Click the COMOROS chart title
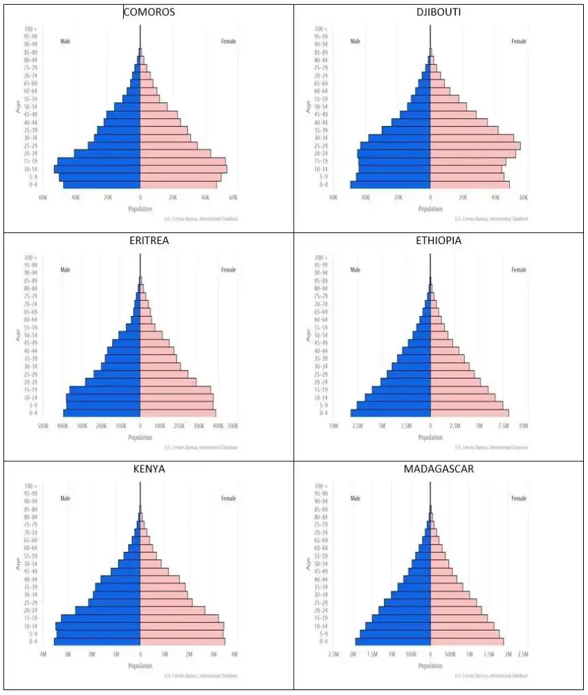coord(149,12)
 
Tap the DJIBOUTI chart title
coord(439,12)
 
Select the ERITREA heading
coord(149,241)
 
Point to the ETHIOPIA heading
coord(439,241)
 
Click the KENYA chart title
coord(149,470)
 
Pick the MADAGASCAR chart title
coord(439,470)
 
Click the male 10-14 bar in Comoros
coord(98,169)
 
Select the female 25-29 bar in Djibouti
coord(475,146)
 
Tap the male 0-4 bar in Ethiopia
coord(391,413)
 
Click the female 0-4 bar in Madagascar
coord(467,642)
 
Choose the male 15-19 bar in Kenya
coord(101,618)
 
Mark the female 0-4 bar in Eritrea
coord(178,413)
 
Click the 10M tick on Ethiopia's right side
coord(524,425)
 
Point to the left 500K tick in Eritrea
coord(42,425)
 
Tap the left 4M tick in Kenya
coord(42,654)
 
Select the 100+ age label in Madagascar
coord(320,486)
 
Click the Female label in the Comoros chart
coord(228,41)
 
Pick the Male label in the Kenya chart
coord(66,499)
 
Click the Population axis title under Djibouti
coord(430,208)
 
